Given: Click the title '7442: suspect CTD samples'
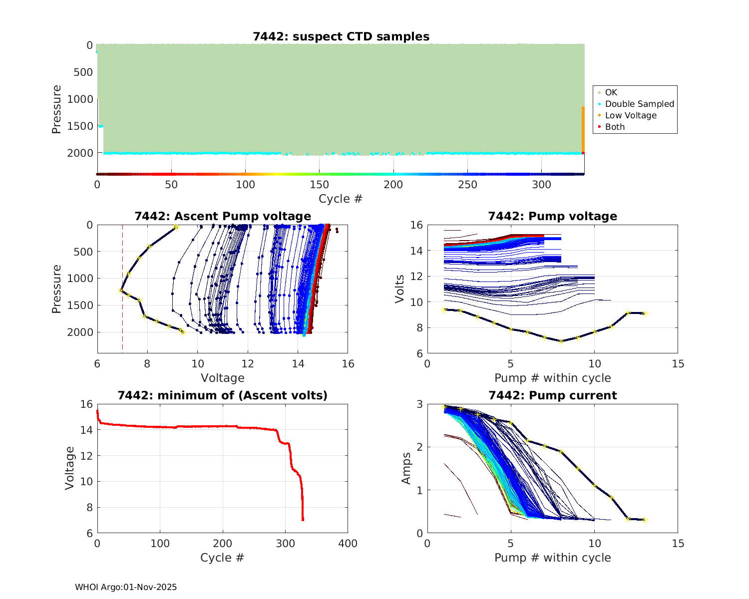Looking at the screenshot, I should [341, 36].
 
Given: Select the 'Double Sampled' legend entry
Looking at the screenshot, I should [639, 104].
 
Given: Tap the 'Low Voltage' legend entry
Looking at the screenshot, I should [631, 115].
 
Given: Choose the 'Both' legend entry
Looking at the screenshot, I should [615, 127].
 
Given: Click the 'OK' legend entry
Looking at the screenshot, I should [611, 92].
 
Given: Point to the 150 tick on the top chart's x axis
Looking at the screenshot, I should [320, 185].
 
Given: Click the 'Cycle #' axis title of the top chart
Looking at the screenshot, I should [341, 199].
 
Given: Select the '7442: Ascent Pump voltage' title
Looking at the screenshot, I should [223, 216].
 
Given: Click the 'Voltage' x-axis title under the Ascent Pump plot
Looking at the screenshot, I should [223, 378].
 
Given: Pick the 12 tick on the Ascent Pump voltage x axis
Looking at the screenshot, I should [248, 364].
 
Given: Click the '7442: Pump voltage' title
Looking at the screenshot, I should [552, 216].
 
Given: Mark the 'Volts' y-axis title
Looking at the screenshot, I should [399, 289].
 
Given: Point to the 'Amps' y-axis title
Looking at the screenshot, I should [406, 468].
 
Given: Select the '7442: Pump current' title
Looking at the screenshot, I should [552, 395].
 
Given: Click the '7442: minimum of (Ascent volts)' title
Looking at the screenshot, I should [223, 395].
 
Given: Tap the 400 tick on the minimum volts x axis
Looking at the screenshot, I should [348, 544].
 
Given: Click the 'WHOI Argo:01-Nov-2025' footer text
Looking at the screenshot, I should [126, 587].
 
